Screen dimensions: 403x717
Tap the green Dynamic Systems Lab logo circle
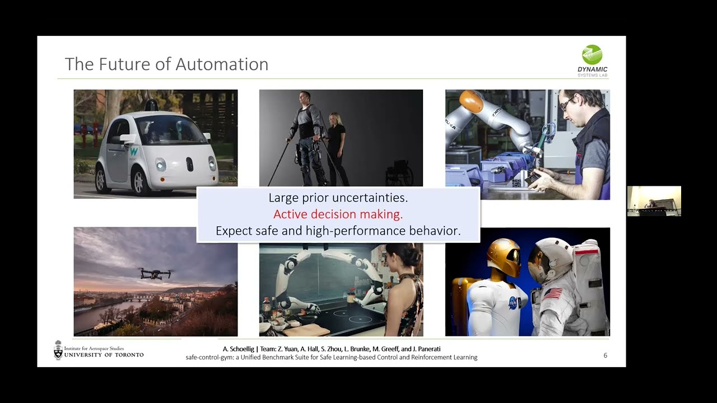pyautogui.click(x=592, y=55)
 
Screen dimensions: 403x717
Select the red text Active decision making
pyautogui.click(x=338, y=214)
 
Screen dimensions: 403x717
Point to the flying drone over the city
pyautogui.click(x=155, y=273)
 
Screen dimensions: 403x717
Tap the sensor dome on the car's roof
pyautogui.click(x=151, y=105)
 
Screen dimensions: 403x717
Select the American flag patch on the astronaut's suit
pyautogui.click(x=552, y=294)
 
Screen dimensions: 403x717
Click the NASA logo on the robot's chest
pyautogui.click(x=513, y=303)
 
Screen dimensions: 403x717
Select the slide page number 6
pyautogui.click(x=605, y=355)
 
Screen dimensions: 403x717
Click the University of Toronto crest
pyautogui.click(x=58, y=350)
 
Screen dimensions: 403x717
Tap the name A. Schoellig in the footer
pyautogui.click(x=238, y=349)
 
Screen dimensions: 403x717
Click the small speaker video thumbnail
pyautogui.click(x=654, y=201)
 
